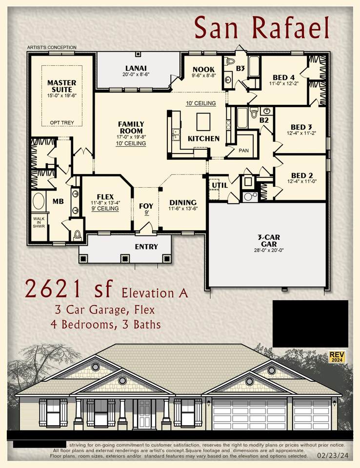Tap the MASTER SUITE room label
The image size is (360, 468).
tap(61, 86)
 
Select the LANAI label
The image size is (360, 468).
tap(136, 68)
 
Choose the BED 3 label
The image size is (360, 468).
tap(301, 126)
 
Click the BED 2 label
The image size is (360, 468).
tap(301, 175)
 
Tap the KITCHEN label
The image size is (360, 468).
tap(203, 138)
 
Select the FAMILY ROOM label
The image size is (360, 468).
tap(131, 128)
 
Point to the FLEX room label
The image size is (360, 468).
tap(105, 197)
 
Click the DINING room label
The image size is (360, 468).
tap(183, 202)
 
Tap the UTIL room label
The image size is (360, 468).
tap(217, 185)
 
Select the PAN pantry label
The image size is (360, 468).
tap(243, 151)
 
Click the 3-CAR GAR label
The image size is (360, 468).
tap(266, 240)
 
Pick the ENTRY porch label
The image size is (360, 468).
tap(146, 247)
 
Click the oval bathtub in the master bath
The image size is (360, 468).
tap(39, 201)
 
